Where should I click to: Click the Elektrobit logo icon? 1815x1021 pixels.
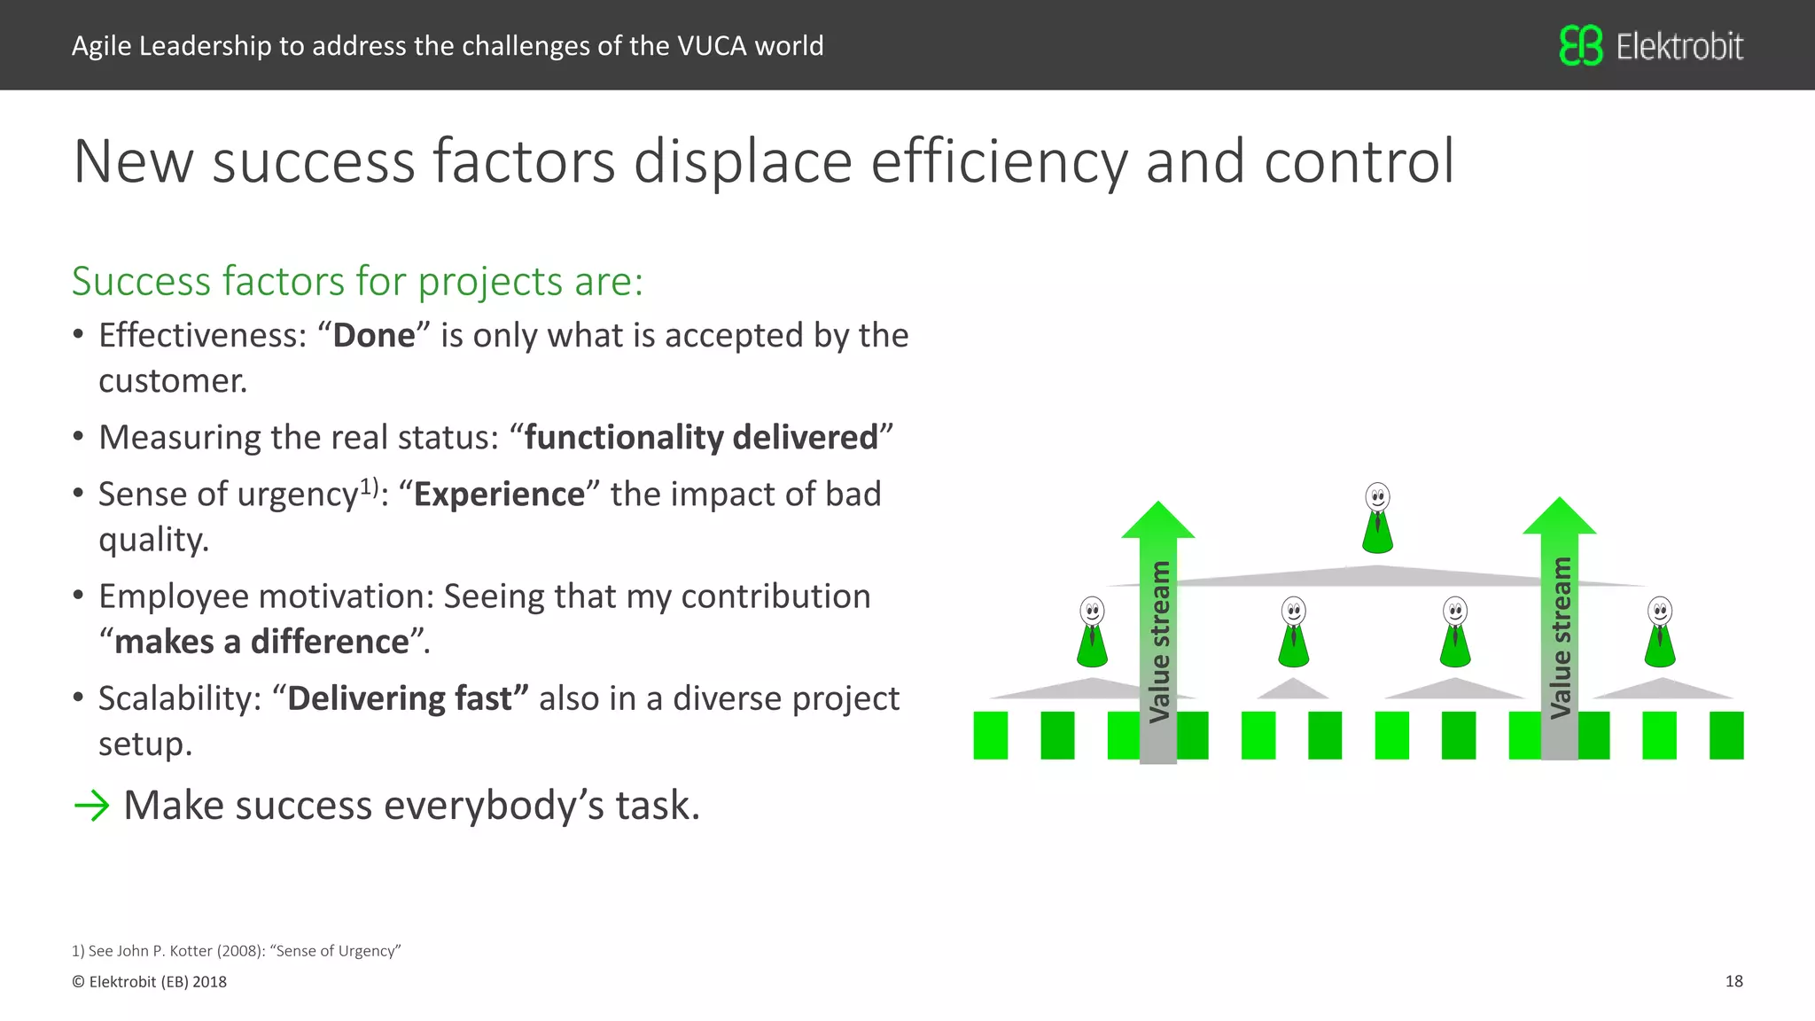[x=1580, y=45]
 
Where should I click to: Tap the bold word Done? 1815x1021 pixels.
[x=374, y=336]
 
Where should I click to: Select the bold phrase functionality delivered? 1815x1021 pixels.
[x=700, y=438]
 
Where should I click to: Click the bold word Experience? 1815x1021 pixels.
[x=499, y=495]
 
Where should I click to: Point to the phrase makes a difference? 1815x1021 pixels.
[x=262, y=642]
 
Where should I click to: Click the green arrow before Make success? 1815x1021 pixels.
[x=91, y=806]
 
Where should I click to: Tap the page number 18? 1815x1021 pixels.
[x=1733, y=981]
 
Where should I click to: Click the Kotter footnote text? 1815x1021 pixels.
[x=237, y=951]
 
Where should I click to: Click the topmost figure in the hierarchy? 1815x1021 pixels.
[x=1377, y=518]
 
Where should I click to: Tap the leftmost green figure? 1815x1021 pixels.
[x=1092, y=632]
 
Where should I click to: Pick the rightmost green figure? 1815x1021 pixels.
[x=1659, y=632]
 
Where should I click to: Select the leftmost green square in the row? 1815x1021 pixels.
[x=990, y=735]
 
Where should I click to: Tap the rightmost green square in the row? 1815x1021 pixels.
[x=1725, y=735]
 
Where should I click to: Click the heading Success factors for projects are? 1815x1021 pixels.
[x=357, y=282]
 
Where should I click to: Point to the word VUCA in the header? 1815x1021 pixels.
[x=712, y=46]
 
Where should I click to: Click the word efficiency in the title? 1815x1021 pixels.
[x=998, y=161]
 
